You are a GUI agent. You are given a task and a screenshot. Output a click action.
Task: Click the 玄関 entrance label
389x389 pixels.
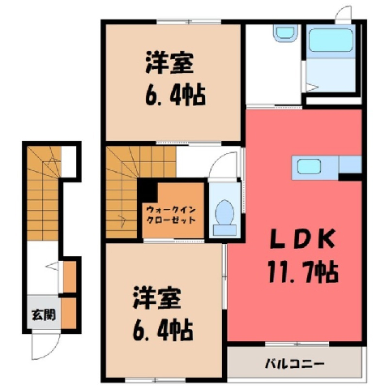(44, 314)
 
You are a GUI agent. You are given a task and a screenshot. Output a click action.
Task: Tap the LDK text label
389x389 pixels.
(303, 239)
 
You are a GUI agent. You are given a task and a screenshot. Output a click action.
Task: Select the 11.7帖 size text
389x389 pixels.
(303, 271)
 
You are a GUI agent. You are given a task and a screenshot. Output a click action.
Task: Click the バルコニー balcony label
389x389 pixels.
(294, 364)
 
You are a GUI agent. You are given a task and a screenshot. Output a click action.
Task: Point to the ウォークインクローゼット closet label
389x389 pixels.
(171, 215)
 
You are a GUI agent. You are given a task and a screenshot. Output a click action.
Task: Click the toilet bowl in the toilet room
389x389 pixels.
(224, 213)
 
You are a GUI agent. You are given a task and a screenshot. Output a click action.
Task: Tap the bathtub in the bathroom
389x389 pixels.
(331, 40)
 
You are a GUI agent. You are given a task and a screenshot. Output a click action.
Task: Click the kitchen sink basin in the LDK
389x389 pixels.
(309, 166)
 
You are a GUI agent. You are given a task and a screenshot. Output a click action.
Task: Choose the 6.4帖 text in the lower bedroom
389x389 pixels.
(163, 330)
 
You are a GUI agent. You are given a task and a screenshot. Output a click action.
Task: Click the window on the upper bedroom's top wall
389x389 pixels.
(189, 22)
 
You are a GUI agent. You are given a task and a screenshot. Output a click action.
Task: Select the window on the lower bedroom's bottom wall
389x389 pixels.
(156, 380)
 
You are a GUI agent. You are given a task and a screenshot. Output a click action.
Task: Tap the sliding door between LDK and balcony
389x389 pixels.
(297, 344)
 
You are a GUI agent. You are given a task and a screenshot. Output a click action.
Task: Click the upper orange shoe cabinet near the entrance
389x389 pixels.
(70, 277)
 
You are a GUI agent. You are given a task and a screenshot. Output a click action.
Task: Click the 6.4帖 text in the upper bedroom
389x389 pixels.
(175, 95)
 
